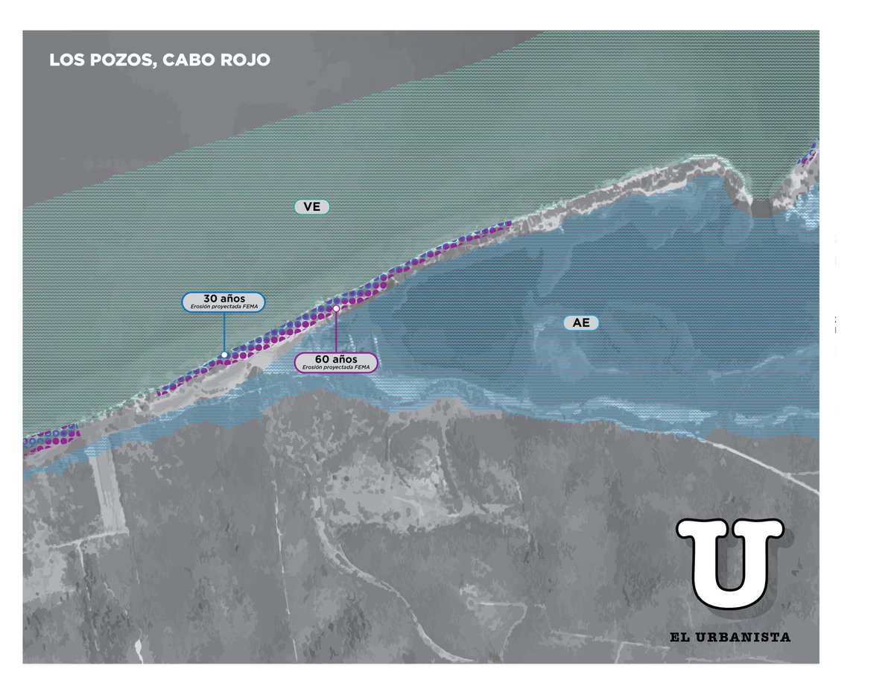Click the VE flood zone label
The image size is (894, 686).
pyautogui.click(x=312, y=207)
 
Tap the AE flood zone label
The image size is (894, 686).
pyautogui.click(x=581, y=323)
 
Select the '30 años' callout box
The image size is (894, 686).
pyautogui.click(x=223, y=301)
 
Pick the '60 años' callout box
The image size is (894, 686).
pyautogui.click(x=336, y=363)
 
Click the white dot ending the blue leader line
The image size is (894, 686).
pyautogui.click(x=224, y=355)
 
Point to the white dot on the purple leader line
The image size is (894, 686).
pyautogui.click(x=336, y=308)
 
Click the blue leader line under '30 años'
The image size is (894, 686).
pyautogui.click(x=224, y=332)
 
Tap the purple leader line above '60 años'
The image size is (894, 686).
pyautogui.click(x=336, y=331)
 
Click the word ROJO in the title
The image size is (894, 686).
pyautogui.click(x=244, y=60)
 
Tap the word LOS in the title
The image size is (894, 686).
pyautogui.click(x=63, y=60)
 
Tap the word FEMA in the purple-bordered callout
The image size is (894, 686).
pyautogui.click(x=361, y=367)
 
